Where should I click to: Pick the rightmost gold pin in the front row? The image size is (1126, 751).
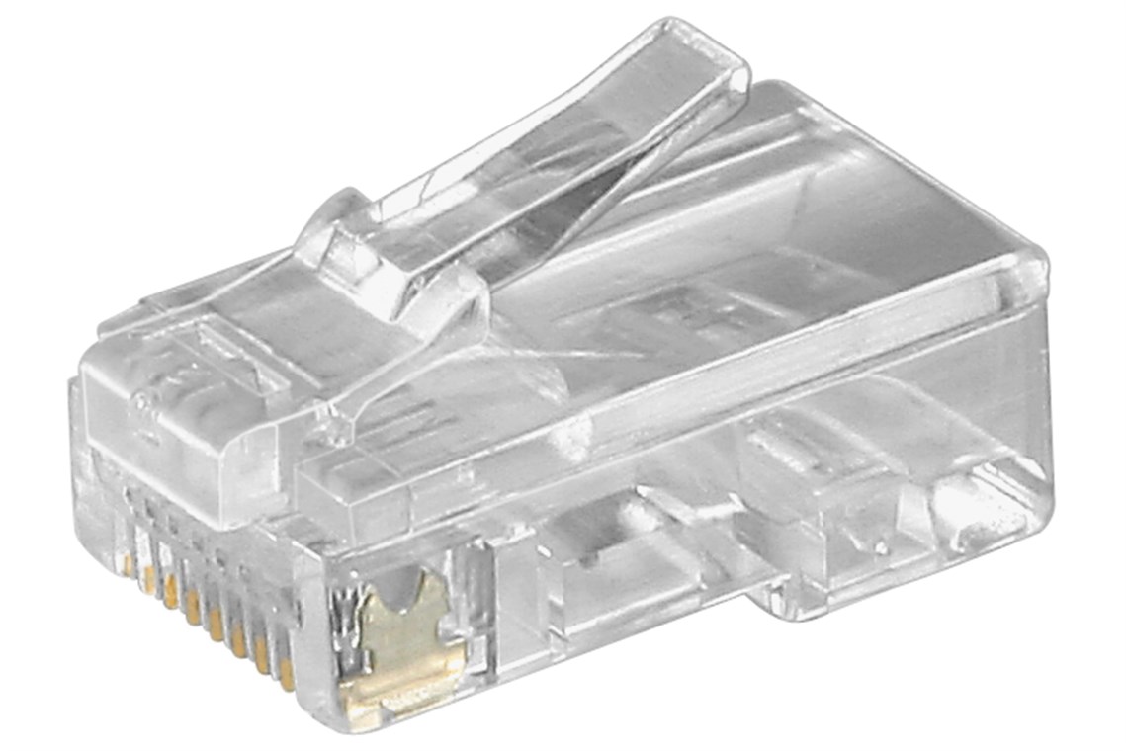tap(286, 672)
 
